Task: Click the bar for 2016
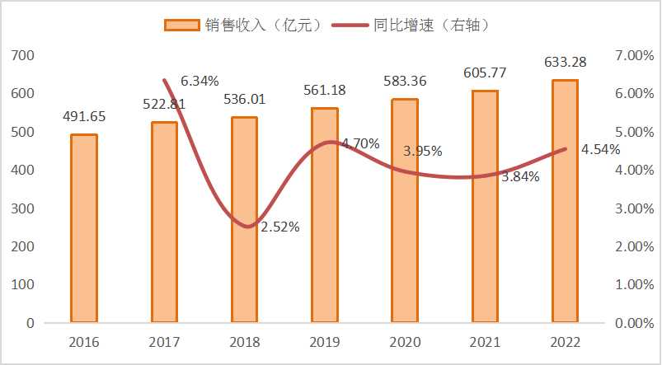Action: (x=84, y=228)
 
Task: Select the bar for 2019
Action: (x=325, y=215)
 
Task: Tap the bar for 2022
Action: (x=565, y=201)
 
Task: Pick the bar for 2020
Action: (x=405, y=211)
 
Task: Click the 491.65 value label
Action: (x=84, y=117)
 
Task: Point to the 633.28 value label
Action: (x=566, y=62)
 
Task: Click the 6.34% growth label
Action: (x=200, y=81)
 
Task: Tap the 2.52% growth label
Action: (x=280, y=227)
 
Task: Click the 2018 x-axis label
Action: (x=244, y=342)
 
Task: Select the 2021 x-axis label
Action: (x=485, y=342)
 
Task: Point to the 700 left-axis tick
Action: (x=23, y=55)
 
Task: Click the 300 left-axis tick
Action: (x=23, y=208)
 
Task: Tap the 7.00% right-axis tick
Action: (x=634, y=55)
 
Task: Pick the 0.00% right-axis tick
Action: (x=634, y=323)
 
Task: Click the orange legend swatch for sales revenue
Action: (x=181, y=26)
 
